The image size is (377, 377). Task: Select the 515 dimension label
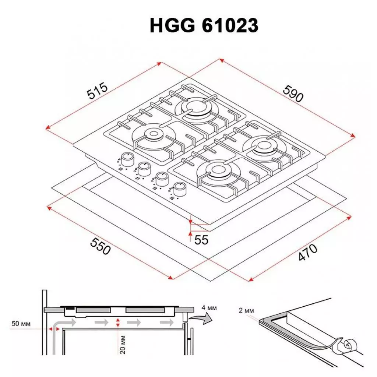[98, 92]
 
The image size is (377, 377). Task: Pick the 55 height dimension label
[201, 240]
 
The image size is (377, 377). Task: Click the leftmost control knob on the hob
[127, 159]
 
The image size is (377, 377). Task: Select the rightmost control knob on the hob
[179, 189]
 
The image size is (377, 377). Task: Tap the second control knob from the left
[144, 169]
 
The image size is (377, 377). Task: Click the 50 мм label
[21, 324]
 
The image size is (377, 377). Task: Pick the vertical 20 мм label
[123, 345]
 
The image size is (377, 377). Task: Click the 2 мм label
[246, 311]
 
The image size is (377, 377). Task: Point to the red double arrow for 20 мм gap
[118, 323]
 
